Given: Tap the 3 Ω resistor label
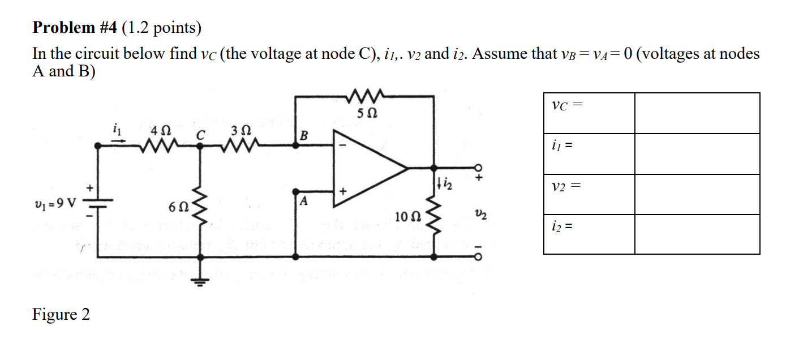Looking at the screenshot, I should coord(239,131).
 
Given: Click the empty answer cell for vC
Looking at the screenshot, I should coord(697,113).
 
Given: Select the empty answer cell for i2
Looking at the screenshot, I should coord(697,234).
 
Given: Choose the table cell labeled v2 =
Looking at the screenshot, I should coord(589,194).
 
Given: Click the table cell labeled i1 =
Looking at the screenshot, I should coord(589,153).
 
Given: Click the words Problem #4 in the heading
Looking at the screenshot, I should coord(75,28).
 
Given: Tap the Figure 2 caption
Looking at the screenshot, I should coord(61,314).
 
